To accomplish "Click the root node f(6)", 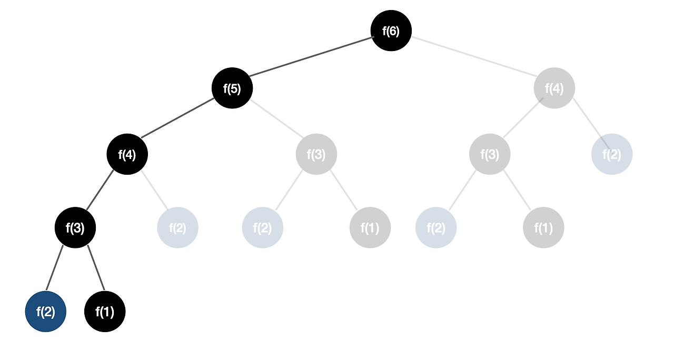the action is [391, 31].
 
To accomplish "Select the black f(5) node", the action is [232, 88].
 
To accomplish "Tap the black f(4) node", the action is [127, 155].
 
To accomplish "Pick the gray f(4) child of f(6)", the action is [554, 88].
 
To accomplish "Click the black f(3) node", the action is [75, 227].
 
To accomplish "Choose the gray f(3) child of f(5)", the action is [316, 155].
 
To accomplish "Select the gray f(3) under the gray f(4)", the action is [490, 155].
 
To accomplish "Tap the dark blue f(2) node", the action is [46, 312].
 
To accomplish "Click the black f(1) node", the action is [105, 312].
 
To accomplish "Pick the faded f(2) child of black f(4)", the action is [178, 228].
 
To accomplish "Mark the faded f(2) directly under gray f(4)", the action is [612, 155].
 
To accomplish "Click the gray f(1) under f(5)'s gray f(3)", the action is [370, 228].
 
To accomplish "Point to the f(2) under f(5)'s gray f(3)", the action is [263, 228].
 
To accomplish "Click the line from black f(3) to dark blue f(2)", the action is [55, 268].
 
